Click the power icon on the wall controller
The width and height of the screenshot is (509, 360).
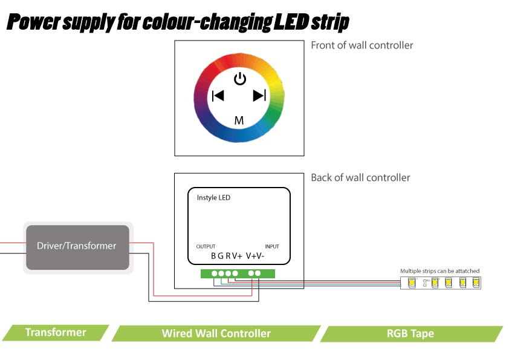[240, 79]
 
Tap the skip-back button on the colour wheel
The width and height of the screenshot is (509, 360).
[218, 96]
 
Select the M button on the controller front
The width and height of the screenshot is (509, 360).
[239, 120]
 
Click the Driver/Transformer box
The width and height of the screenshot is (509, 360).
[77, 247]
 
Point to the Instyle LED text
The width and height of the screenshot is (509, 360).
[213, 198]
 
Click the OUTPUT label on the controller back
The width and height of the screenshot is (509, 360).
[206, 246]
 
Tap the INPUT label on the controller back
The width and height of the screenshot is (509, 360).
[272, 246]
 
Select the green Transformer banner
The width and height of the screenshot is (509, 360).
[56, 332]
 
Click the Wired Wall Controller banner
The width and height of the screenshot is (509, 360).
[216, 333]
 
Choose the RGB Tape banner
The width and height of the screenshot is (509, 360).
[410, 333]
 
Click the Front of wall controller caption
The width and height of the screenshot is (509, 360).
[361, 45]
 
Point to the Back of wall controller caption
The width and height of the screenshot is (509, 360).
[360, 178]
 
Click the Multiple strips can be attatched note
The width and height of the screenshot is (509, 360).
[440, 270]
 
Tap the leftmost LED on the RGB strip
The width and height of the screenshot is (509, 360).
[412, 283]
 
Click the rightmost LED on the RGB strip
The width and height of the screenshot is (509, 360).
[476, 283]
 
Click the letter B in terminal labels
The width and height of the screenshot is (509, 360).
[213, 256]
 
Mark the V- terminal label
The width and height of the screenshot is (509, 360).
[260, 256]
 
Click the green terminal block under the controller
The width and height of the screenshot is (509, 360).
[238, 273]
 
